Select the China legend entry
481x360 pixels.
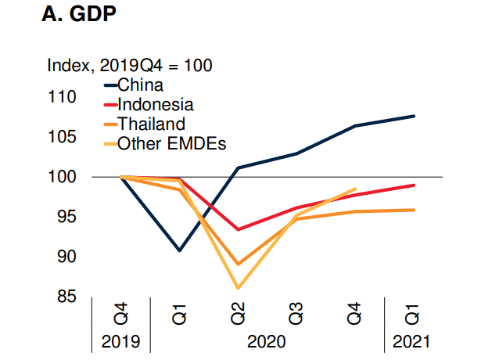tap(140, 84)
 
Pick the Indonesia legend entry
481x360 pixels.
tap(155, 104)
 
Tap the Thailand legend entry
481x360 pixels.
tap(151, 124)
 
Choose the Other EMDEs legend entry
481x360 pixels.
tap(171, 143)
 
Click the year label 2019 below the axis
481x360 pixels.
tap(121, 341)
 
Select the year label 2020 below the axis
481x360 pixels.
tap(267, 341)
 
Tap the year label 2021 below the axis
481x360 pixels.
tap(412, 341)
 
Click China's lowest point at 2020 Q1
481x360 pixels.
tap(179, 250)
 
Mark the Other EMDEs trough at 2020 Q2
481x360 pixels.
tap(238, 289)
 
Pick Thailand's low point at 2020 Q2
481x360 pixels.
tap(238, 265)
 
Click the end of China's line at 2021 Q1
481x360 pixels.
tap(414, 116)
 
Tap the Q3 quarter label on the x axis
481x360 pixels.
tap(296, 315)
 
